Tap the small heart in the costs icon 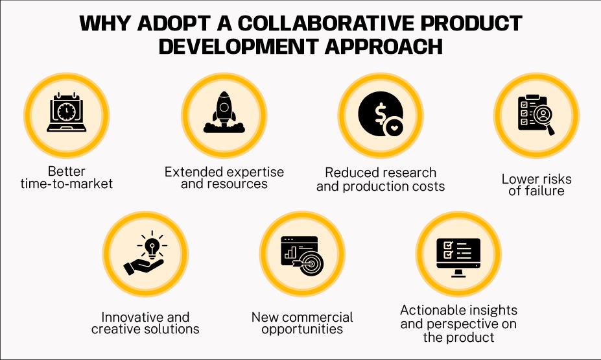coord(394,128)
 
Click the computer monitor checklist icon coord(459,254)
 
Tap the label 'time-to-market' coord(66,184)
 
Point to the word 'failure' coord(536,191)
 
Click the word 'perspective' coord(458,324)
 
